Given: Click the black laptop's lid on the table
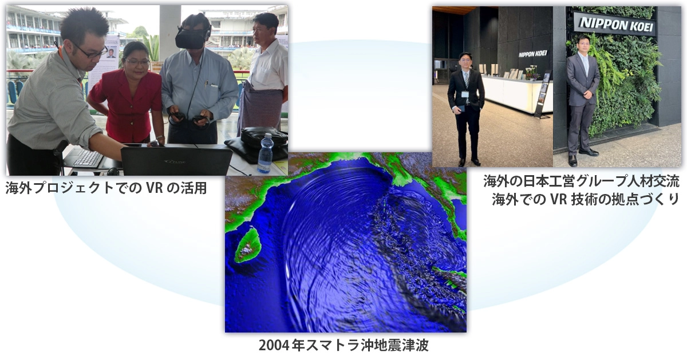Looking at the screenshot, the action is click(x=176, y=161).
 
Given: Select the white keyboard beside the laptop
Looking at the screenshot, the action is click(x=88, y=159).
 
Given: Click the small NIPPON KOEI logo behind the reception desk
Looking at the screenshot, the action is click(x=533, y=54).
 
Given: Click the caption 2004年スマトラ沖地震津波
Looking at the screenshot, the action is click(x=344, y=345).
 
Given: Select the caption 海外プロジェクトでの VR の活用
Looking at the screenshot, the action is click(x=106, y=188).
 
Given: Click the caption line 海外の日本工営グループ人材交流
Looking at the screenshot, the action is click(x=582, y=181).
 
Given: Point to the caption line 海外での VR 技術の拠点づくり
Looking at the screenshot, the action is click(x=586, y=199).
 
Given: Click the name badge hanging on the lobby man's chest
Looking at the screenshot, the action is click(x=465, y=94).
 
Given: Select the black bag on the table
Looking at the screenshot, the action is click(x=258, y=144).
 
